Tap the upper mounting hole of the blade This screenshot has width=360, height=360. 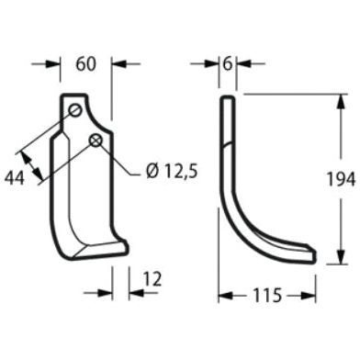pos(75,111)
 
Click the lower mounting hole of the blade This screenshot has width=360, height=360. pos(95,140)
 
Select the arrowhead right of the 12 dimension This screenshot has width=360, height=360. pos(134,294)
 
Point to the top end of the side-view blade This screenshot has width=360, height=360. pos(227,98)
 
